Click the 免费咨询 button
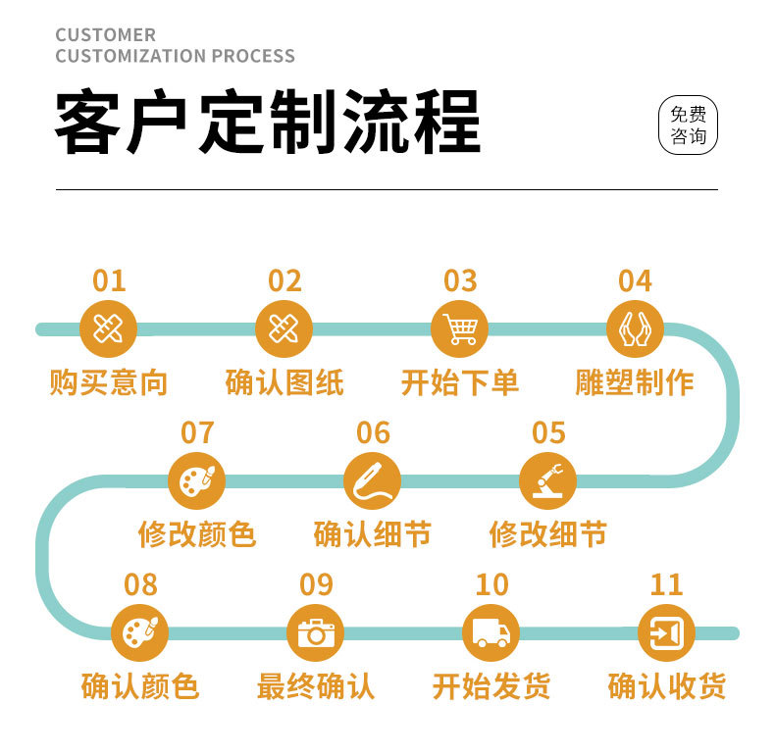click(688, 126)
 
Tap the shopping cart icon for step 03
click(459, 329)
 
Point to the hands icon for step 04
click(635, 329)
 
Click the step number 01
click(109, 281)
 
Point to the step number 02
click(284, 281)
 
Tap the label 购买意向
click(109, 382)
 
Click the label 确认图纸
click(284, 382)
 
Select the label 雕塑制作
click(635, 382)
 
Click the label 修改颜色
click(196, 534)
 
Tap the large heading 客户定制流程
click(267, 124)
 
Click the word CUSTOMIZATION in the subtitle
click(117, 56)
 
